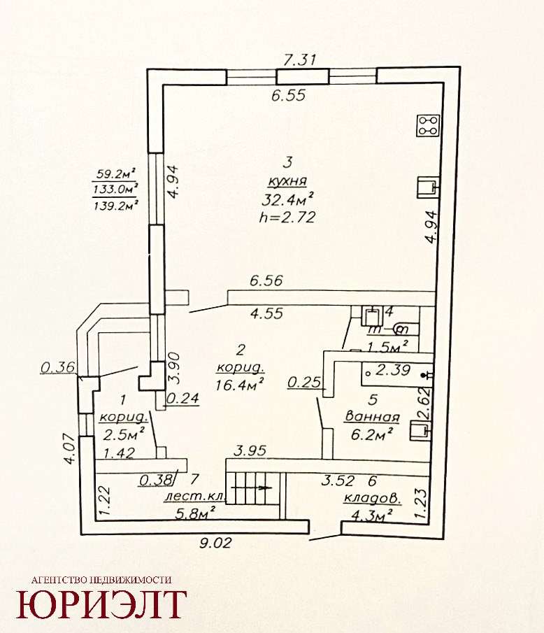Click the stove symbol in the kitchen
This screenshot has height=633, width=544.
tap(429, 125)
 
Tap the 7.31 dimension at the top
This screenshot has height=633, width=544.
tap(299, 59)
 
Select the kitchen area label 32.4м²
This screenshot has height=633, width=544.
tap(288, 199)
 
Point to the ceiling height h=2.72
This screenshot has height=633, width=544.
tap(287, 218)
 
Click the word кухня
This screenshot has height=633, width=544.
tap(288, 182)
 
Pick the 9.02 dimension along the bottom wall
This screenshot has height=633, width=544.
tap(216, 543)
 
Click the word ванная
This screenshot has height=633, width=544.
tap(372, 417)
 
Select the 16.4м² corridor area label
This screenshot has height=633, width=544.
tap(240, 384)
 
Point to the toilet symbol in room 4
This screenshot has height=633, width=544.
tap(401, 329)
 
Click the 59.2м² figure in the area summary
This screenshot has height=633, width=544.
tap(115, 175)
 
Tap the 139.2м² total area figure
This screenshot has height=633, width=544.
tap(116, 205)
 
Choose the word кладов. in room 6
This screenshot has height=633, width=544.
tap(373, 499)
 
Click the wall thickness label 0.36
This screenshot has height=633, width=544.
tap(58, 367)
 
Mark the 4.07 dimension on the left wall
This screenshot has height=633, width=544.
tap(70, 449)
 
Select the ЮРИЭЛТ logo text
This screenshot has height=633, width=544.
tap(101, 604)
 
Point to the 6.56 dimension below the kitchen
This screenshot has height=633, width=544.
tap(266, 280)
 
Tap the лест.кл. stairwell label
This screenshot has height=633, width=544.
tap(194, 497)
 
